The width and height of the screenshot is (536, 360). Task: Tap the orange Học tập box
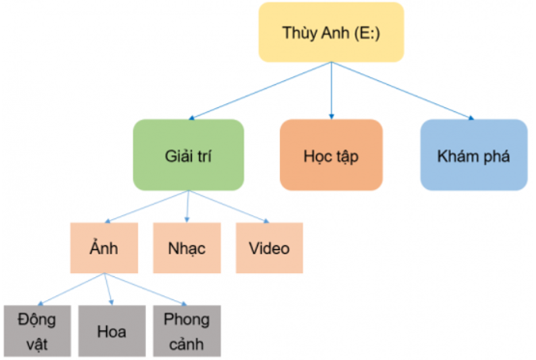pyautogui.click(x=329, y=154)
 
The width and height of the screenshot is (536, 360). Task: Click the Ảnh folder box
pyautogui.click(x=105, y=249)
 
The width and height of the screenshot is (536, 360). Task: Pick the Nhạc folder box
pyautogui.click(x=186, y=249)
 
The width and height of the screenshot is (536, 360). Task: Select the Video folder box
pyautogui.click(x=269, y=249)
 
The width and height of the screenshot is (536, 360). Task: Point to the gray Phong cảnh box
pyautogui.click(x=185, y=331)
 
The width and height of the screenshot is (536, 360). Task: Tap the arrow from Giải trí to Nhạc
pyautogui.click(x=186, y=207)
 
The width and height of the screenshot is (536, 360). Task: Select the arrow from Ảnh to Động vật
pyautogui.click(x=68, y=290)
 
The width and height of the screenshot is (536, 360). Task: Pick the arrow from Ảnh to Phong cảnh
pyautogui.click(x=145, y=290)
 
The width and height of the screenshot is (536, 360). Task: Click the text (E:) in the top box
pyautogui.click(x=364, y=32)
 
